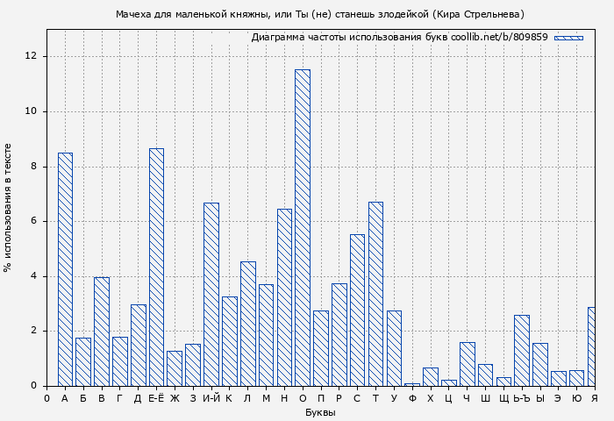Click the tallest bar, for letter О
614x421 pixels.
(302, 228)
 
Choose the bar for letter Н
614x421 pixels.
(284, 297)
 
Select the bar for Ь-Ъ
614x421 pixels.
(522, 350)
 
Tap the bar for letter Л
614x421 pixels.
(247, 324)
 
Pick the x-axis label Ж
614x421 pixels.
(175, 398)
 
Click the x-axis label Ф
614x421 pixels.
(412, 398)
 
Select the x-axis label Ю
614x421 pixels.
(576, 398)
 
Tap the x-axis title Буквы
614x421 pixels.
(320, 412)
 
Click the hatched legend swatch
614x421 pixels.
(568, 38)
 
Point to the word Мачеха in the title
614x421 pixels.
(134, 14)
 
